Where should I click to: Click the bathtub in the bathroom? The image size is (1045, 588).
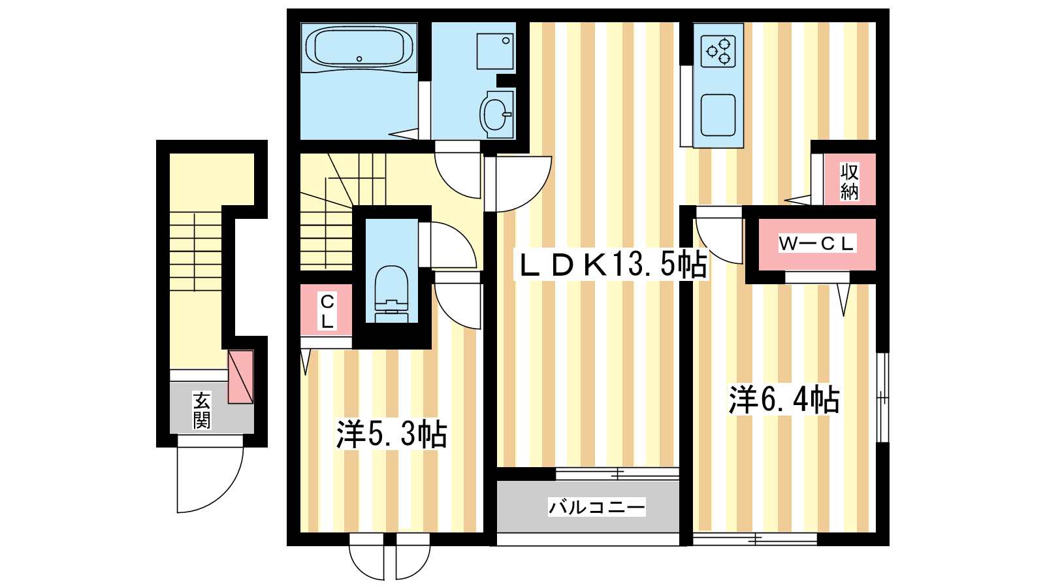(359, 48)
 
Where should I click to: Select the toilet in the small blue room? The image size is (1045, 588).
(391, 294)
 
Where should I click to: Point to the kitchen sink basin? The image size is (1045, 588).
(718, 115)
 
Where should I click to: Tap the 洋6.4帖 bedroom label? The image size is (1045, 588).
(784, 399)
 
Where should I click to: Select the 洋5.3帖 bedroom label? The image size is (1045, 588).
(391, 434)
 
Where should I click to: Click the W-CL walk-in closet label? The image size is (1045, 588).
(816, 243)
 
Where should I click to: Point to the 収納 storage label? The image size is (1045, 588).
(850, 182)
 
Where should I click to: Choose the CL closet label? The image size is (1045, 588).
(327, 311)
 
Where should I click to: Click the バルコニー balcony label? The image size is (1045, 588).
(597, 507)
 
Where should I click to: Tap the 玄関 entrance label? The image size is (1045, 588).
(202, 411)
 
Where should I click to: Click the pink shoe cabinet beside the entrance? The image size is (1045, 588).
(240, 377)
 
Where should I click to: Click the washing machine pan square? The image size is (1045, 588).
(495, 51)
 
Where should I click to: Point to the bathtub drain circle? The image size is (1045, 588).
(359, 59)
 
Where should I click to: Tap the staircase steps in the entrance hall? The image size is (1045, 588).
(195, 252)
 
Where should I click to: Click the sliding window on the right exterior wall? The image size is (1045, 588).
(882, 397)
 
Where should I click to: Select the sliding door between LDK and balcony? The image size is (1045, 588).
(617, 474)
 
